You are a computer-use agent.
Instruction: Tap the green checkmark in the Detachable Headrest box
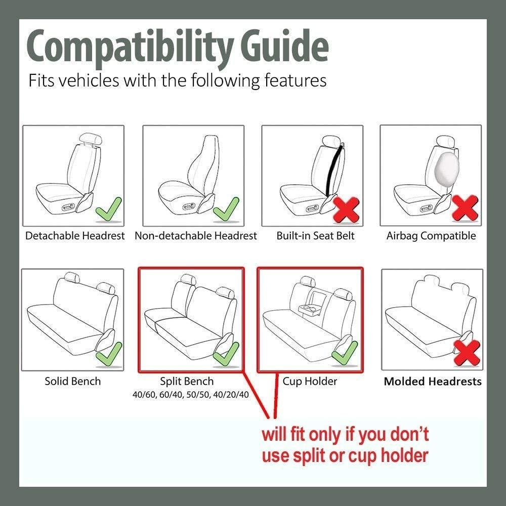click(108, 208)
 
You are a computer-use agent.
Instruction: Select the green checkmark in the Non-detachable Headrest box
click(227, 208)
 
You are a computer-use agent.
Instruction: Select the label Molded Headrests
click(433, 382)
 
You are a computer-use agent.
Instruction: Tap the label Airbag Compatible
click(431, 236)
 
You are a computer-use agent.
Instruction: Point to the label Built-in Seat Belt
click(316, 236)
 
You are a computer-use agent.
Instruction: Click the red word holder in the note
click(401, 455)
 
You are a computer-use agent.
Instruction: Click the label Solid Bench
click(72, 381)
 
